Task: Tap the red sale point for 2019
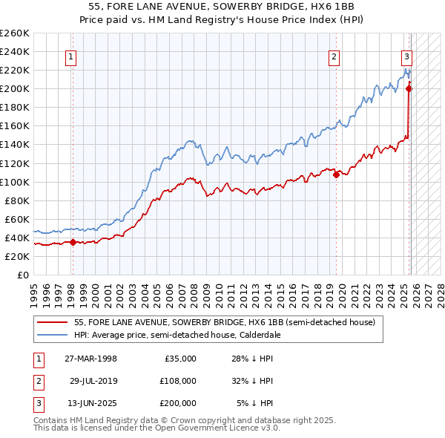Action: [337, 174]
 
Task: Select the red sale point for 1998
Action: [73, 242]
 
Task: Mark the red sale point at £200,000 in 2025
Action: [409, 88]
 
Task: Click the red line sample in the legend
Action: [52, 322]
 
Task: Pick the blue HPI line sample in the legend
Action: [52, 335]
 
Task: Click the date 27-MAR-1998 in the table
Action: [90, 359]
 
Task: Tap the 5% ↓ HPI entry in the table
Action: [254, 403]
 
